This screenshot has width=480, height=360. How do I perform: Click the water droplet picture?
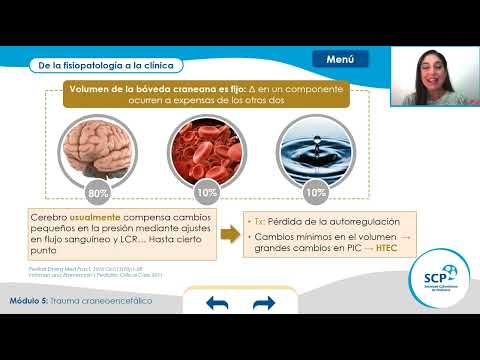[316, 146]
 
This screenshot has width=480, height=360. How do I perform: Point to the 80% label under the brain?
[98, 190]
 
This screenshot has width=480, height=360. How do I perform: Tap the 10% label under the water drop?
[316, 190]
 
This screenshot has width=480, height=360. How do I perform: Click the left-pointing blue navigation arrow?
[218, 304]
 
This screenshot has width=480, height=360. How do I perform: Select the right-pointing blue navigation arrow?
[264, 304]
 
